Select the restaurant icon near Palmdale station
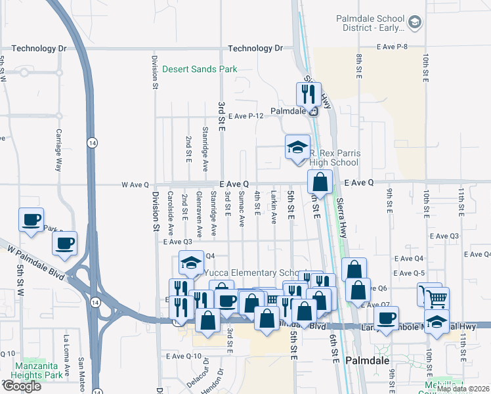click(307, 94)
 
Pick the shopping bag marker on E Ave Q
click(320, 181)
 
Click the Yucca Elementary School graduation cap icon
click(190, 263)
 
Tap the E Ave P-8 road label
click(401, 46)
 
